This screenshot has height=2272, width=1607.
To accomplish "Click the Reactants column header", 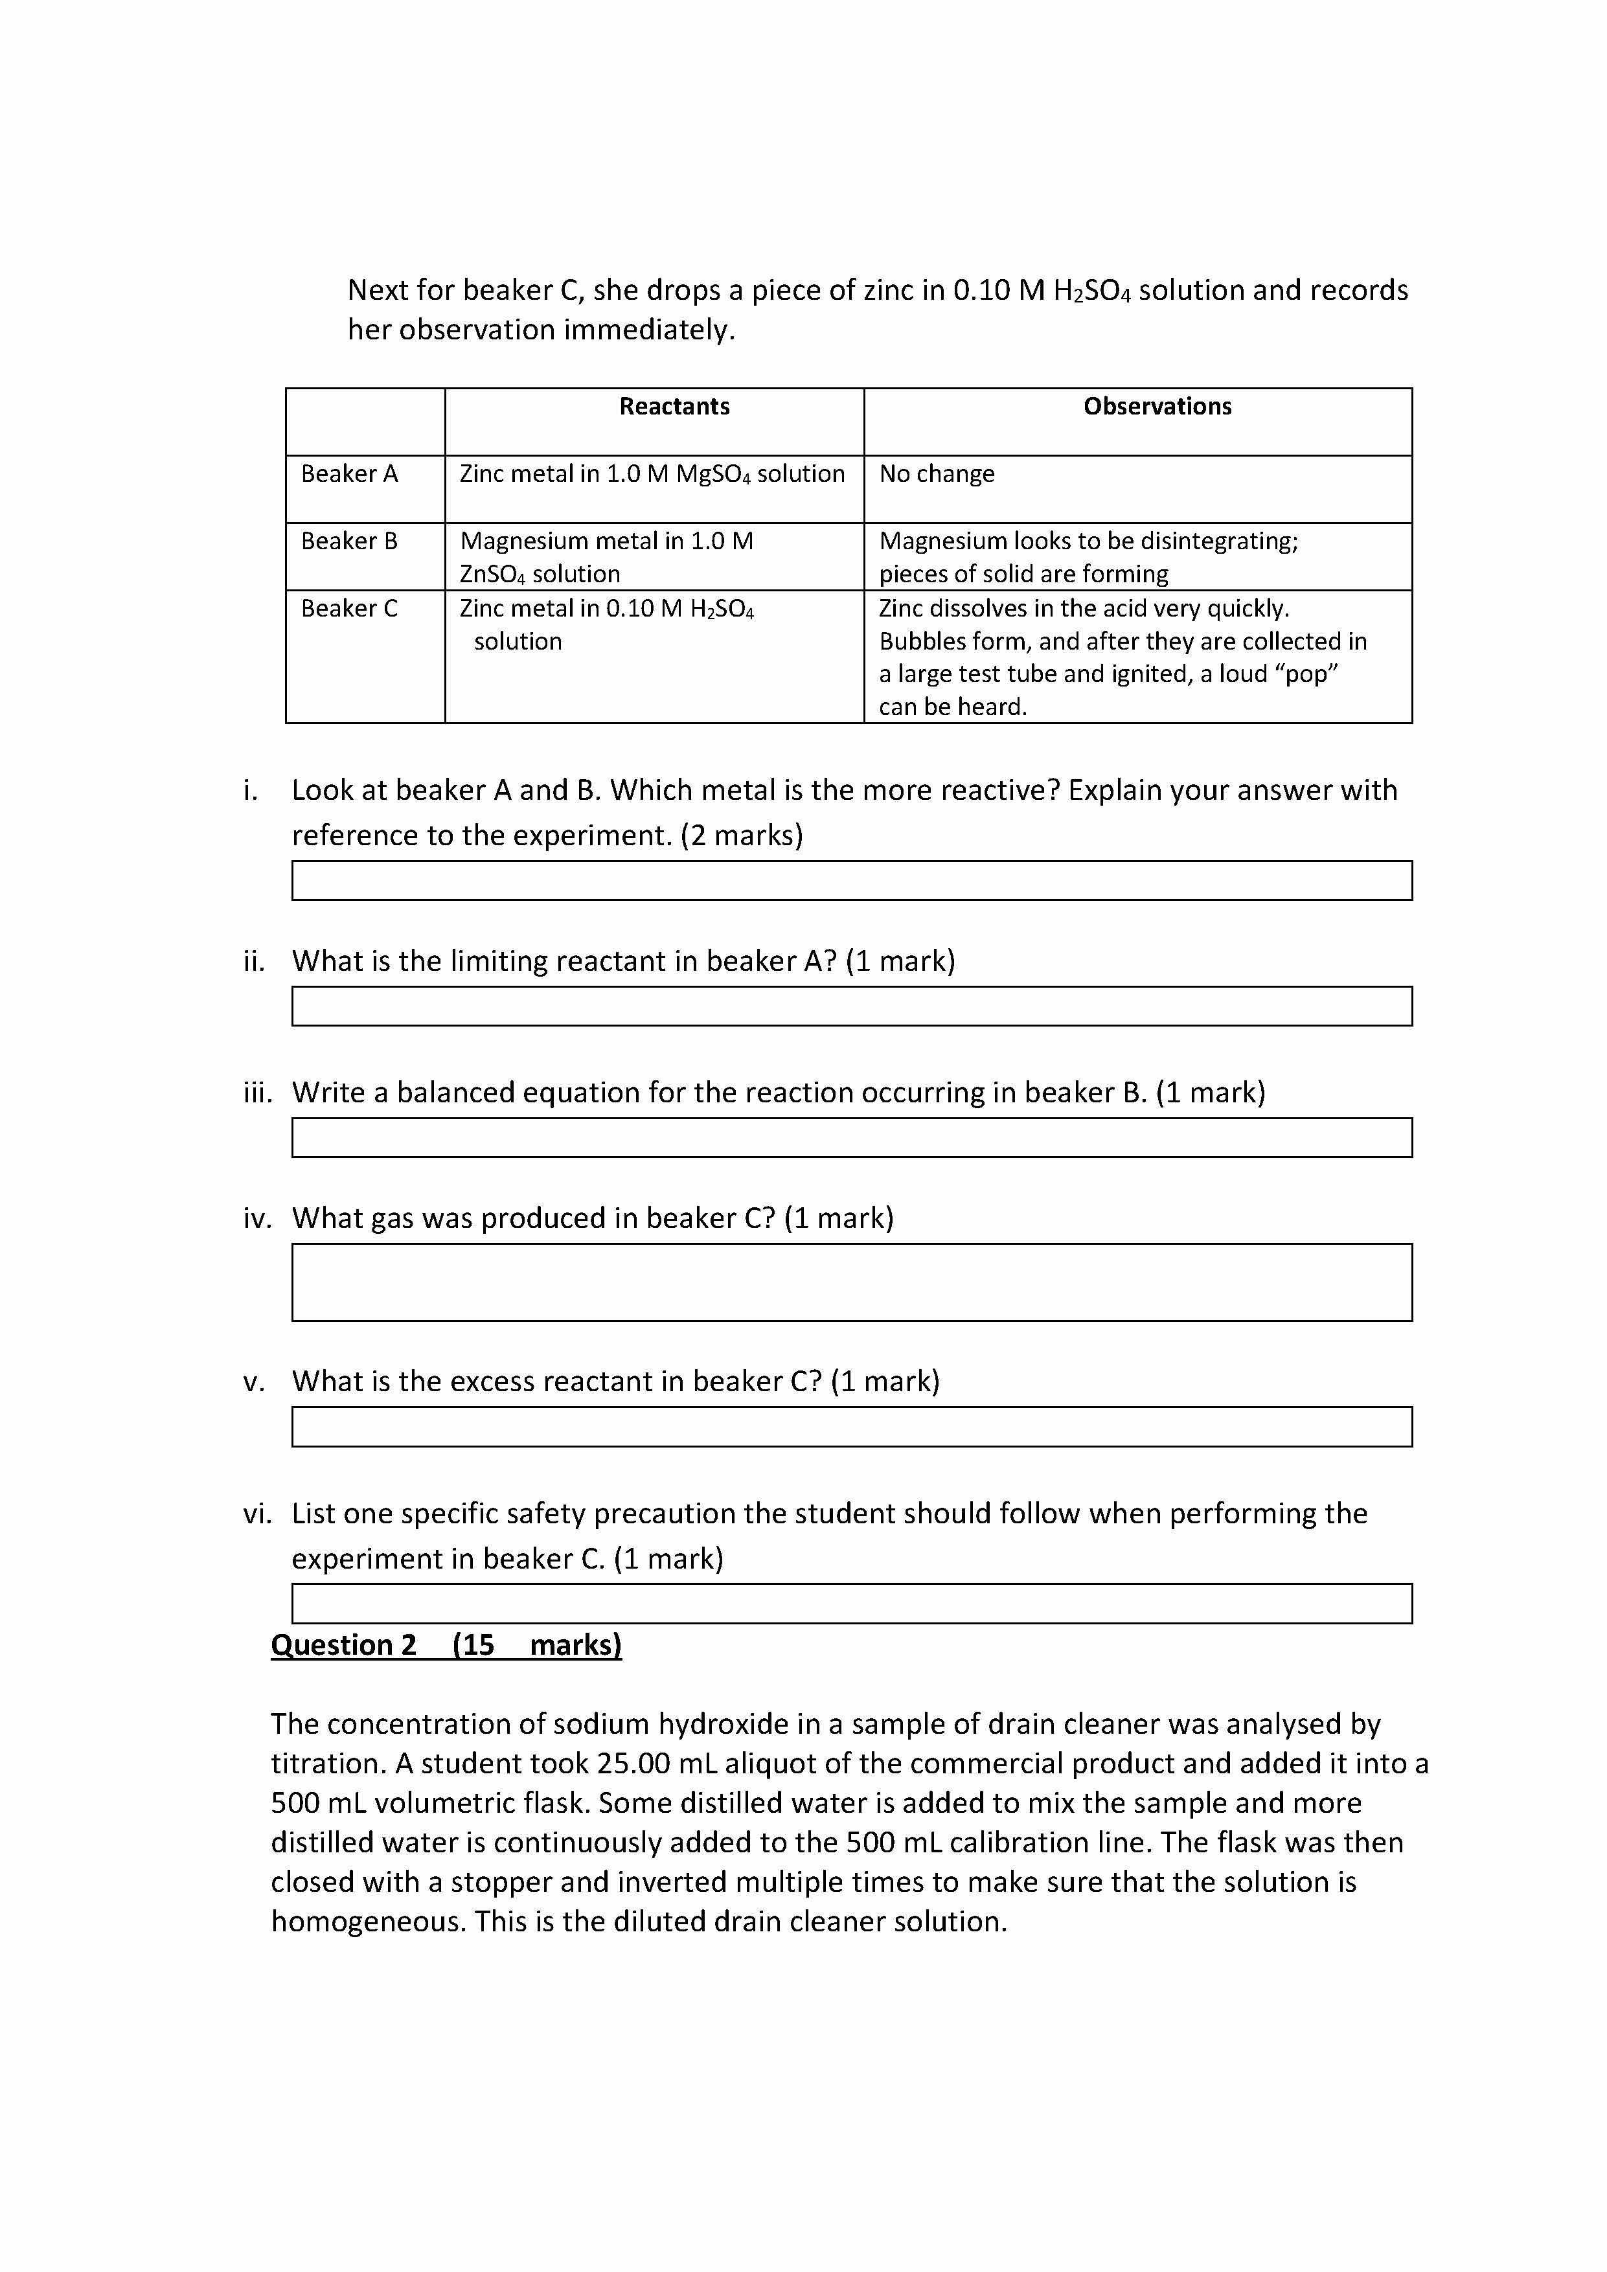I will (674, 407).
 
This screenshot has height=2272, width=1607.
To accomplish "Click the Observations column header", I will (1157, 407).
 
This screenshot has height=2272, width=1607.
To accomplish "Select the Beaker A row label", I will (349, 474).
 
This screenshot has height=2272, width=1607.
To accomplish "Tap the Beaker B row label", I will (349, 541).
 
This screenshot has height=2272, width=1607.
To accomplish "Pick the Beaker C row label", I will (349, 609).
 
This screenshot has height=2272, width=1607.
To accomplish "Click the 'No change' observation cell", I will (936, 474).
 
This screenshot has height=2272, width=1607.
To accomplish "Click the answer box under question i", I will (851, 881).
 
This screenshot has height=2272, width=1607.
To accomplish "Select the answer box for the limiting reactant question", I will (851, 1006).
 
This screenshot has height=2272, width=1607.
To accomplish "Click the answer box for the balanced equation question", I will (851, 1138).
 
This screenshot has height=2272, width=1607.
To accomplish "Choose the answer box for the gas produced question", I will (851, 1282).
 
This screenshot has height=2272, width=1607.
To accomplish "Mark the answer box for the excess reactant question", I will (851, 1427).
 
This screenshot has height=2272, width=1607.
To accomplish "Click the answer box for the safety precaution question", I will (851, 1604).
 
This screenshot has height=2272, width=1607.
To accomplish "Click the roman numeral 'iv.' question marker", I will (257, 1218).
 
